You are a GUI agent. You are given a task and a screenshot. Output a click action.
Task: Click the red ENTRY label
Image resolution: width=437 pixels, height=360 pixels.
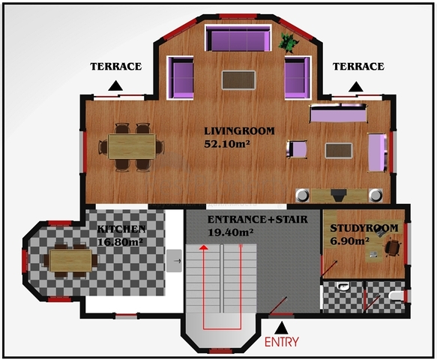coord(282,341)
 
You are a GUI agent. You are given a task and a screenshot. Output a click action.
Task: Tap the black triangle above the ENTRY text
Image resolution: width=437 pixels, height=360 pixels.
coord(282,328)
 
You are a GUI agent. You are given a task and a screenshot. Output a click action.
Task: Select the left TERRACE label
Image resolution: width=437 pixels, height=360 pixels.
coord(116,66)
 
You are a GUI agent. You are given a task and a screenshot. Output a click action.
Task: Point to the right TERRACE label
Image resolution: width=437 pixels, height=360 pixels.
coord(359,66)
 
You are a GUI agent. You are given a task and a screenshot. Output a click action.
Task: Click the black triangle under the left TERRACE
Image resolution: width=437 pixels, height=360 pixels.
coord(115,86)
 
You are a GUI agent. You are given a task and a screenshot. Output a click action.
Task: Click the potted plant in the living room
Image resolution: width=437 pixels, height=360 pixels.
coord(289,42)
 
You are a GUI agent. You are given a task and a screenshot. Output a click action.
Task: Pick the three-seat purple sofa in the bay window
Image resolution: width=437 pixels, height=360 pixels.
coord(238,38)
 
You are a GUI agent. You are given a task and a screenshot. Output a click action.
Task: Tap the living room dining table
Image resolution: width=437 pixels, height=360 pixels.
coord(131,146)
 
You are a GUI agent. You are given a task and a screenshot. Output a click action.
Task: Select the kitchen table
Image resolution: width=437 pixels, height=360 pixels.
coord(70,260)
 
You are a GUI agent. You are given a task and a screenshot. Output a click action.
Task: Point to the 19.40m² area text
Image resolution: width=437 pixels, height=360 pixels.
coord(230,232)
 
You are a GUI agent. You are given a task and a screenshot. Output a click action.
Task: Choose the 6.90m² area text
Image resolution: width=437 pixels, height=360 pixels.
coord(350,241)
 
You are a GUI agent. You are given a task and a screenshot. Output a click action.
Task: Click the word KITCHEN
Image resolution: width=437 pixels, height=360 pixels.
coord(121,229)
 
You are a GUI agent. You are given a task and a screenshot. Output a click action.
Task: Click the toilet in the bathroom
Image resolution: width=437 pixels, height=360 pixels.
coord(396,296)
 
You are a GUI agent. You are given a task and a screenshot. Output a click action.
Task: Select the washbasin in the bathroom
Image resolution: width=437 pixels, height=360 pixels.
coord(343,286)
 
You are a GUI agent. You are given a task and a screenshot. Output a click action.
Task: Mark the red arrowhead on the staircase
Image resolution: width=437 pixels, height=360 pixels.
coord(204,247)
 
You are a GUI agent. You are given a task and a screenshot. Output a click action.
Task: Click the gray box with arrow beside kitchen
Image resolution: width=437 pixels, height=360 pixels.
coord(174,261)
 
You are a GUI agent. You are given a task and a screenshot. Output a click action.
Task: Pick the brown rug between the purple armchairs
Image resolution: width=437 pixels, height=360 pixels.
coord(238,80)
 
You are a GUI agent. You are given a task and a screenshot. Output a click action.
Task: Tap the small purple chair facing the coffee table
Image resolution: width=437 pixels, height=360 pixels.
coord(297,149)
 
